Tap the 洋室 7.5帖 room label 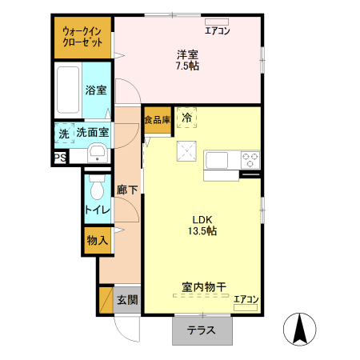188,60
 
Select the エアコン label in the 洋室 217,31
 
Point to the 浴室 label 97,90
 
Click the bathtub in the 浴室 70,91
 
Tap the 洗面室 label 93,132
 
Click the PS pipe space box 60,158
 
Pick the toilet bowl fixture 97,190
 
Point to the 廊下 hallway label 126,190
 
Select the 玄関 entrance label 127,301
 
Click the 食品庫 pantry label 157,120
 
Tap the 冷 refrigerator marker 186,118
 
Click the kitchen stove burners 250,158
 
